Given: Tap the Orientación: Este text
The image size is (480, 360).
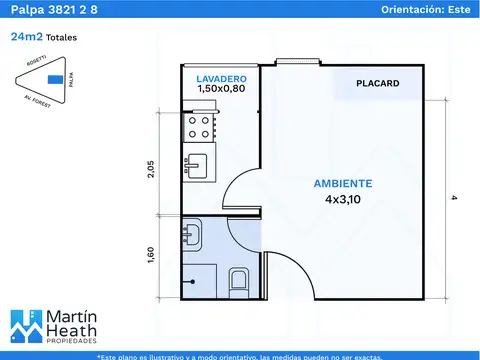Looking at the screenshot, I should coord(426,9).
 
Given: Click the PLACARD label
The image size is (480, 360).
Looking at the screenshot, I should coord(377,84).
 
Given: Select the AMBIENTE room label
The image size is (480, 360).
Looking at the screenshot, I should coord(343,184).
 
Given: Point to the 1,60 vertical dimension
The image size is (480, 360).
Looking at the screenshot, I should coord(151,257).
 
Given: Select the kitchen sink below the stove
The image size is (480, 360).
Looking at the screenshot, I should coord(197,163).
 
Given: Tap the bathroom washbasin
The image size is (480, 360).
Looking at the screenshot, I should coord(191,237).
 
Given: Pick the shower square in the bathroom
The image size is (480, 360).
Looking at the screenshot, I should coord(198,280).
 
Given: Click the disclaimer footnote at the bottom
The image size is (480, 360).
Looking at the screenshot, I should coord(240,355).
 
